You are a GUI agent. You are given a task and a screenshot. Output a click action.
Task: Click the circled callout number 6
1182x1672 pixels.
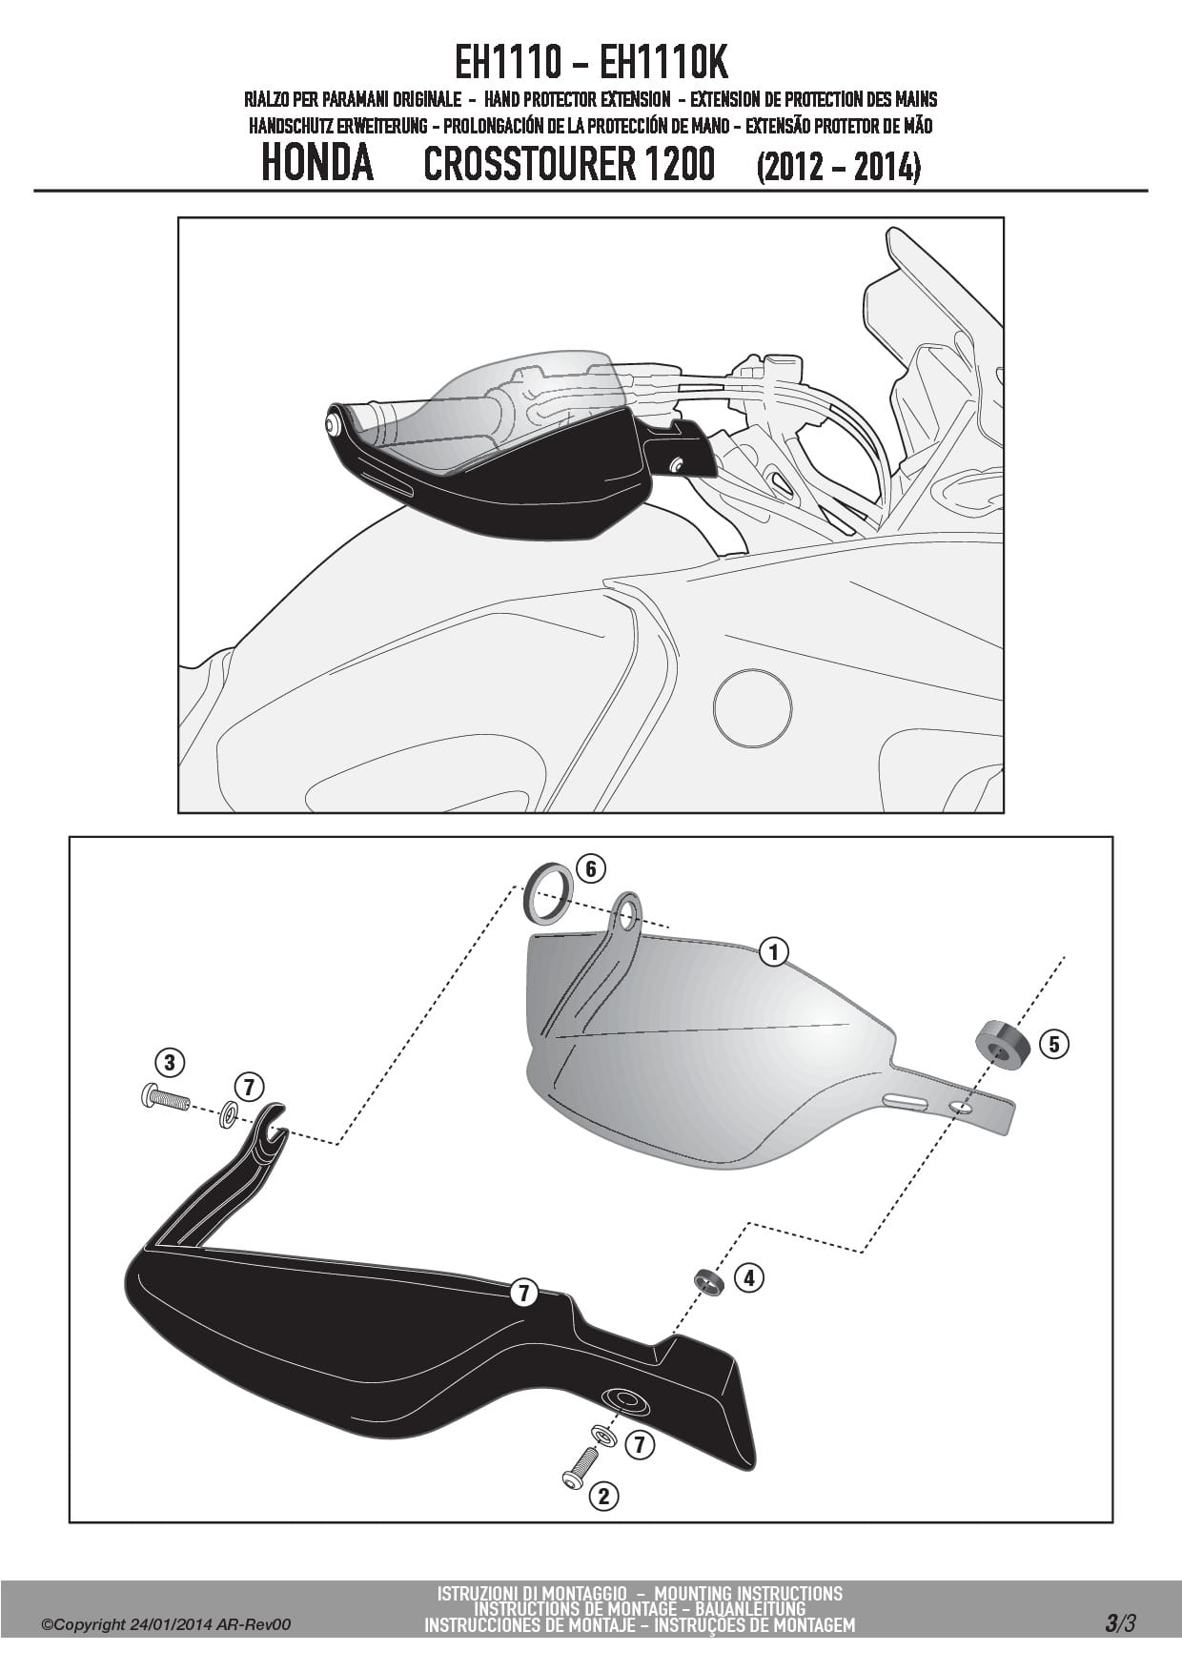591,868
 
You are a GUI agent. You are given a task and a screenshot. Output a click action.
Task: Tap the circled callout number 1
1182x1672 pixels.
775,951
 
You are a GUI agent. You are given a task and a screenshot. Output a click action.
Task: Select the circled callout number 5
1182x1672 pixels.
1053,1044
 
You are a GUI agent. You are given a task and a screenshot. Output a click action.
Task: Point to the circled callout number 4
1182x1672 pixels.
750,1278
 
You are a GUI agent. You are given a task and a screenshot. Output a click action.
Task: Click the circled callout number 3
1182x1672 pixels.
169,1062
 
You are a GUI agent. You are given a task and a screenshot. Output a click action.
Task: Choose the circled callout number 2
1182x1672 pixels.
603,1496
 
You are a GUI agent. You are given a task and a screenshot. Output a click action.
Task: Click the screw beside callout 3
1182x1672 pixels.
165,1099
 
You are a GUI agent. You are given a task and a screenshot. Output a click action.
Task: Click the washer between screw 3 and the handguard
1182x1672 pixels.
229,1113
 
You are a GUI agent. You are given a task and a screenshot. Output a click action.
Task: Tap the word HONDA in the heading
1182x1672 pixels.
317,164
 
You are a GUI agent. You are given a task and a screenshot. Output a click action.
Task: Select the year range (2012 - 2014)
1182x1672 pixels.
839,168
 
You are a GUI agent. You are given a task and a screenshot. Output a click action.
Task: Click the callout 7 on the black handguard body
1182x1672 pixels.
523,1294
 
